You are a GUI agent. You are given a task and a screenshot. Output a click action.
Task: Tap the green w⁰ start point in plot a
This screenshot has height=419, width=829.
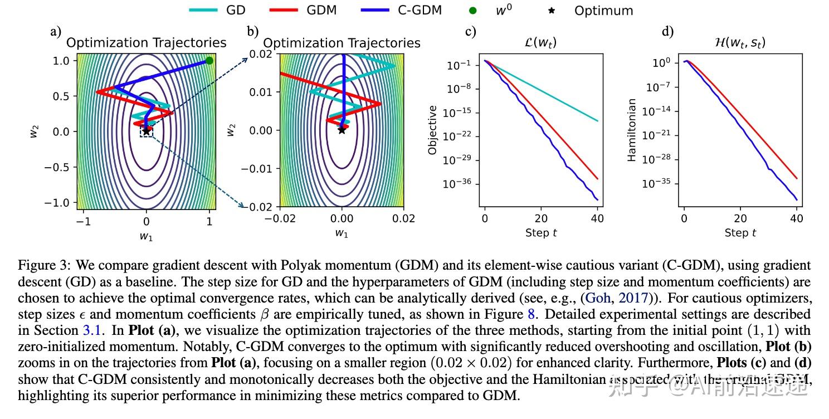point(209,60)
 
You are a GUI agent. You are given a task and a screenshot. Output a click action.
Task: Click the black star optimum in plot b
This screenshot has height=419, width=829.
point(342,130)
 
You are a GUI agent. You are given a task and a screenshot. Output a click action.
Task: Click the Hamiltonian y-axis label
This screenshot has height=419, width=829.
point(632,130)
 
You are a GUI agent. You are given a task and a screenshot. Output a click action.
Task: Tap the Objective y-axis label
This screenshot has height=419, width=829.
point(432,130)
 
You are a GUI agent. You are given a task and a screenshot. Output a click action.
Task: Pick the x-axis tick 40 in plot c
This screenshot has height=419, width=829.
point(597,218)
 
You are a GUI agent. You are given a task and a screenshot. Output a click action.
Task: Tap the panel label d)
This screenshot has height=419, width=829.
point(667,31)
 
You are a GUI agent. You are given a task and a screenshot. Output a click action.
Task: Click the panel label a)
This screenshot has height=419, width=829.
point(56,31)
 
